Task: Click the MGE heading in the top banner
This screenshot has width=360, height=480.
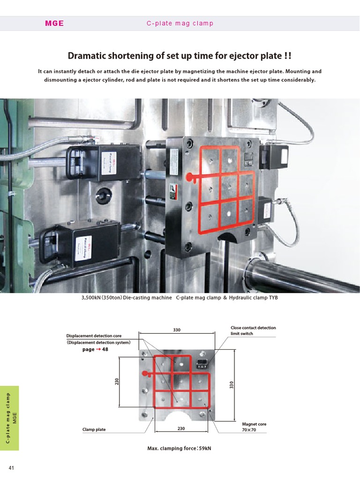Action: [54, 23]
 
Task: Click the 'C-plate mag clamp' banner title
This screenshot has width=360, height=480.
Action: [180, 23]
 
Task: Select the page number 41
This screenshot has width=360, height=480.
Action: [12, 467]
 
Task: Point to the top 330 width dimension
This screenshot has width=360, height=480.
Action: [177, 330]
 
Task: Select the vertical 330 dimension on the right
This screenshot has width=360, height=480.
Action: [232, 384]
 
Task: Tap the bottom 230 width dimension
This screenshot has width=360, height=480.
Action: [181, 428]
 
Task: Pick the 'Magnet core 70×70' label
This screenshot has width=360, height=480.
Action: [254, 427]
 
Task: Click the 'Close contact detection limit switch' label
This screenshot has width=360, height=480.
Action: [253, 330]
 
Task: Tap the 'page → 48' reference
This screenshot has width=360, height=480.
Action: [98, 349]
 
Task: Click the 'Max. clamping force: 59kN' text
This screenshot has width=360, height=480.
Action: [180, 449]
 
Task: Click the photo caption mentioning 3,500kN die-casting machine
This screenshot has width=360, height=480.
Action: [180, 298]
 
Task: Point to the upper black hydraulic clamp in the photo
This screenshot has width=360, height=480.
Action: [104, 162]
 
